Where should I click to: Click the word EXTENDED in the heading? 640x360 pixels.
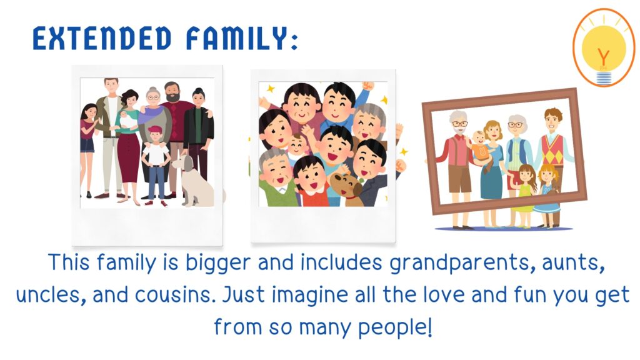(102, 38)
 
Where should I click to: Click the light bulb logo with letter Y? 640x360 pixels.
(604, 47)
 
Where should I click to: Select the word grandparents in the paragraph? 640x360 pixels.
(462, 263)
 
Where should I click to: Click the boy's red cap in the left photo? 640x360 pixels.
(155, 130)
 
